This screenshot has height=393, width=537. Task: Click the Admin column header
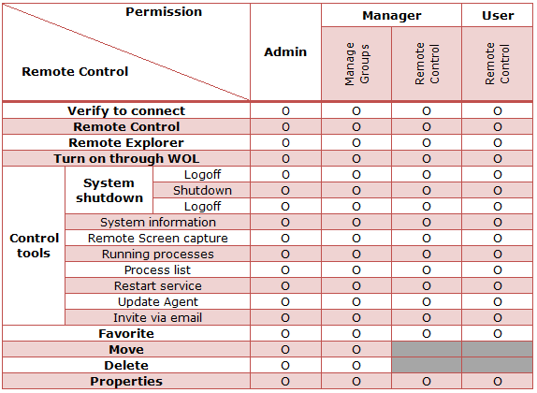point(285,52)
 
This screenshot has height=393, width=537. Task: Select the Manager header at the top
point(392,16)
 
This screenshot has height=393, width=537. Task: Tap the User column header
point(498,16)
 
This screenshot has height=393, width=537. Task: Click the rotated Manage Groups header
point(356,64)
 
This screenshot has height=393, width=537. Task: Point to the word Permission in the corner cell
point(164,12)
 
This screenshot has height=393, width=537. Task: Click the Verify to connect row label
point(126,111)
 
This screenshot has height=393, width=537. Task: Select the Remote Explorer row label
point(126,143)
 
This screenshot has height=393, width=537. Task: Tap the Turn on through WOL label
point(126,159)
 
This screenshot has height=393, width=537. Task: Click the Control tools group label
point(34,246)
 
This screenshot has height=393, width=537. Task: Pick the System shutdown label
point(109,191)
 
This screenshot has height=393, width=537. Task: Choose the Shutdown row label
point(202,191)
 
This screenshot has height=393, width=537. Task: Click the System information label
point(158,223)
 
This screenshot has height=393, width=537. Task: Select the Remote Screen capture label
point(157,238)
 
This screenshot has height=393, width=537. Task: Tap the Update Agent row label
point(158,302)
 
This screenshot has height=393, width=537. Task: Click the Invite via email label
point(157,317)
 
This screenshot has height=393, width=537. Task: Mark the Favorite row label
point(126,334)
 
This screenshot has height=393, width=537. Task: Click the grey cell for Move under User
point(497,349)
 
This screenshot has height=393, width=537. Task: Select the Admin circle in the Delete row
point(285,366)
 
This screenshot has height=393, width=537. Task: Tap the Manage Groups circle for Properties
point(356,382)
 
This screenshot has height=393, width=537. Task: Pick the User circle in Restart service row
point(498,286)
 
